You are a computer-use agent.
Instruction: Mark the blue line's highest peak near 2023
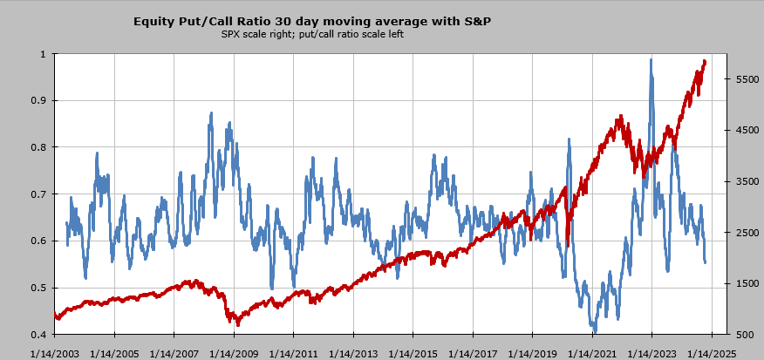click(651, 60)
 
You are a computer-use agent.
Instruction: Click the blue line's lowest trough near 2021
click(595, 331)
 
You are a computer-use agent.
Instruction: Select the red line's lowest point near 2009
click(238, 324)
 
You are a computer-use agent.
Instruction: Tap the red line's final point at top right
click(705, 61)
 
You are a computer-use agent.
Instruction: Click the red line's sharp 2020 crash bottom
click(568, 246)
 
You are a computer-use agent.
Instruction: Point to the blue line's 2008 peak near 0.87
click(211, 113)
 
